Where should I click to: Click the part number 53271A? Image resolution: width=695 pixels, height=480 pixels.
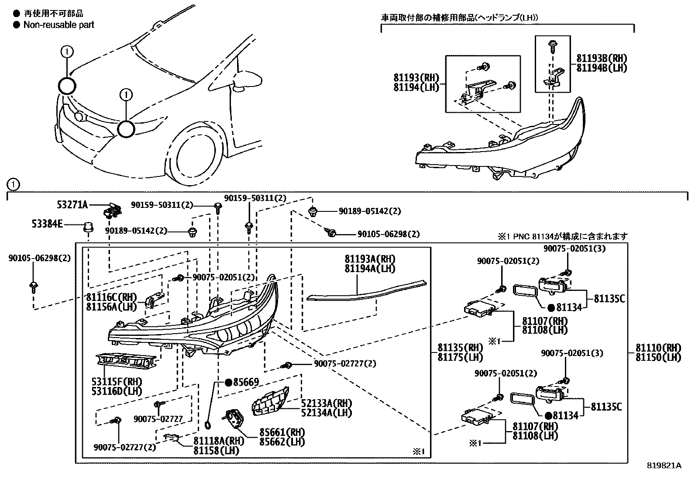[72, 205]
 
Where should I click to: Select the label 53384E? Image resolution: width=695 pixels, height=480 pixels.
[47, 224]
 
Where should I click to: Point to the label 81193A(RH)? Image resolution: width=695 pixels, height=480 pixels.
[370, 259]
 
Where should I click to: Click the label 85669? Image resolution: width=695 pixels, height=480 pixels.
[246, 382]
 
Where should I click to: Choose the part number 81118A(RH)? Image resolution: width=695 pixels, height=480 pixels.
[219, 441]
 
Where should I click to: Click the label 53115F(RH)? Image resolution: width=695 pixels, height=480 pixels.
[117, 382]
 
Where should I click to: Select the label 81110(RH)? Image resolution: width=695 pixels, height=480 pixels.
[658, 348]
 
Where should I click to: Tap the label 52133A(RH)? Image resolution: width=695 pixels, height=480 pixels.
[327, 403]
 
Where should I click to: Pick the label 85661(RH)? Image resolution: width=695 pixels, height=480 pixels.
[282, 432]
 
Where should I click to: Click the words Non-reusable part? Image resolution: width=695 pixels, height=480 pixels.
[58, 25]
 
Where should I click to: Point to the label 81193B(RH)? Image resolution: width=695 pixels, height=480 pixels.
[602, 59]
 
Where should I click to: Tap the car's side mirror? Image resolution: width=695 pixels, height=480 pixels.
[247, 81]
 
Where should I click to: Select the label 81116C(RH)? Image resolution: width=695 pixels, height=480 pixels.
[111, 297]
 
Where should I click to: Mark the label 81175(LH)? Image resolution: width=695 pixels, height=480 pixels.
[460, 357]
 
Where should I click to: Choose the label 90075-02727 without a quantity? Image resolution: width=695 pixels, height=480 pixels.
[158, 419]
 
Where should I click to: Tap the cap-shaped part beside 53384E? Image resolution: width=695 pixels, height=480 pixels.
[89, 227]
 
